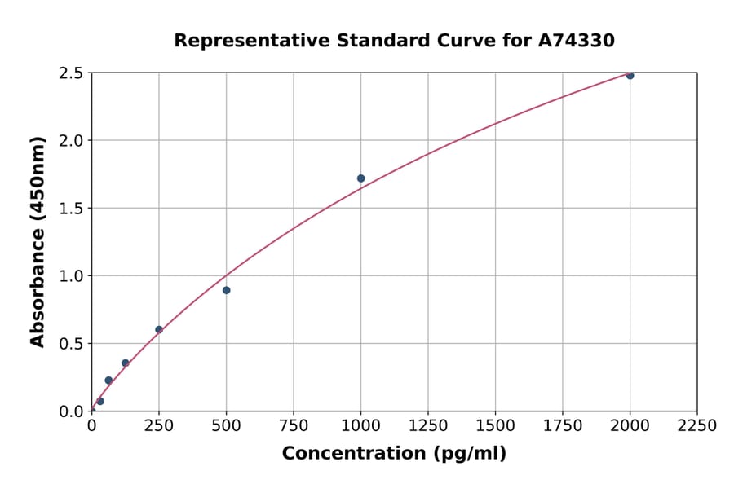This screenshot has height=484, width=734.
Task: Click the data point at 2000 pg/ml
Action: point(630,75)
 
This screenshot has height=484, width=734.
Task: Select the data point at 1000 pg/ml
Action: point(360,178)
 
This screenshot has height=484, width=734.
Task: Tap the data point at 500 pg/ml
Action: point(226,290)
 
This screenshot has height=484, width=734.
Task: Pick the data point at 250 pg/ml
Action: point(159,330)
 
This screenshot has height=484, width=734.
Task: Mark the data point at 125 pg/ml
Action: point(125,363)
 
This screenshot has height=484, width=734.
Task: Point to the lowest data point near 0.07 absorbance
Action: point(100,401)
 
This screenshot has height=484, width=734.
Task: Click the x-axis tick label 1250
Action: point(427,426)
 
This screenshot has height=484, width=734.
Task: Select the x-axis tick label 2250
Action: point(696,426)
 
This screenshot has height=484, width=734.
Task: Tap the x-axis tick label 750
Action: point(293,426)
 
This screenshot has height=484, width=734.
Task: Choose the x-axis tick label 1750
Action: point(562,426)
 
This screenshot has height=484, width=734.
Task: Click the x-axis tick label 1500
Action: point(495,426)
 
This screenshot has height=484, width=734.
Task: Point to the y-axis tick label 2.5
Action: point(69,73)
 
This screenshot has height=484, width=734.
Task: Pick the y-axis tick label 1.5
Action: point(69,209)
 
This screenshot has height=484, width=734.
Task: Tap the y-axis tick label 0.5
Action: point(69,344)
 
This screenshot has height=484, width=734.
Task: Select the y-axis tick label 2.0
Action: point(69,141)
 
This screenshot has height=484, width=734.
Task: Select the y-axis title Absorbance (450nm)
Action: point(38,241)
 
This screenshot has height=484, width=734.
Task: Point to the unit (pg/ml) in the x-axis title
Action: point(468,454)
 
